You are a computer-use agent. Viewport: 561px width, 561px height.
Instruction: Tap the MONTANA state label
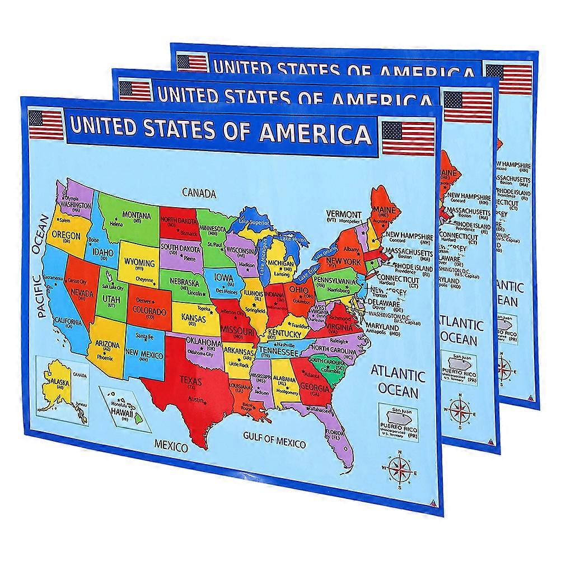click(137, 215)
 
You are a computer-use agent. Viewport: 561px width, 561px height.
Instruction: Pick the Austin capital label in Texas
click(195, 399)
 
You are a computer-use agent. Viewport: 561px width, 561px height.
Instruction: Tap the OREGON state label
click(66, 236)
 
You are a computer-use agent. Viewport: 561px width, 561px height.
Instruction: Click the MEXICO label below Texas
click(170, 446)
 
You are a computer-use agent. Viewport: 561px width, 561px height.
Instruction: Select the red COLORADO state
click(148, 310)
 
